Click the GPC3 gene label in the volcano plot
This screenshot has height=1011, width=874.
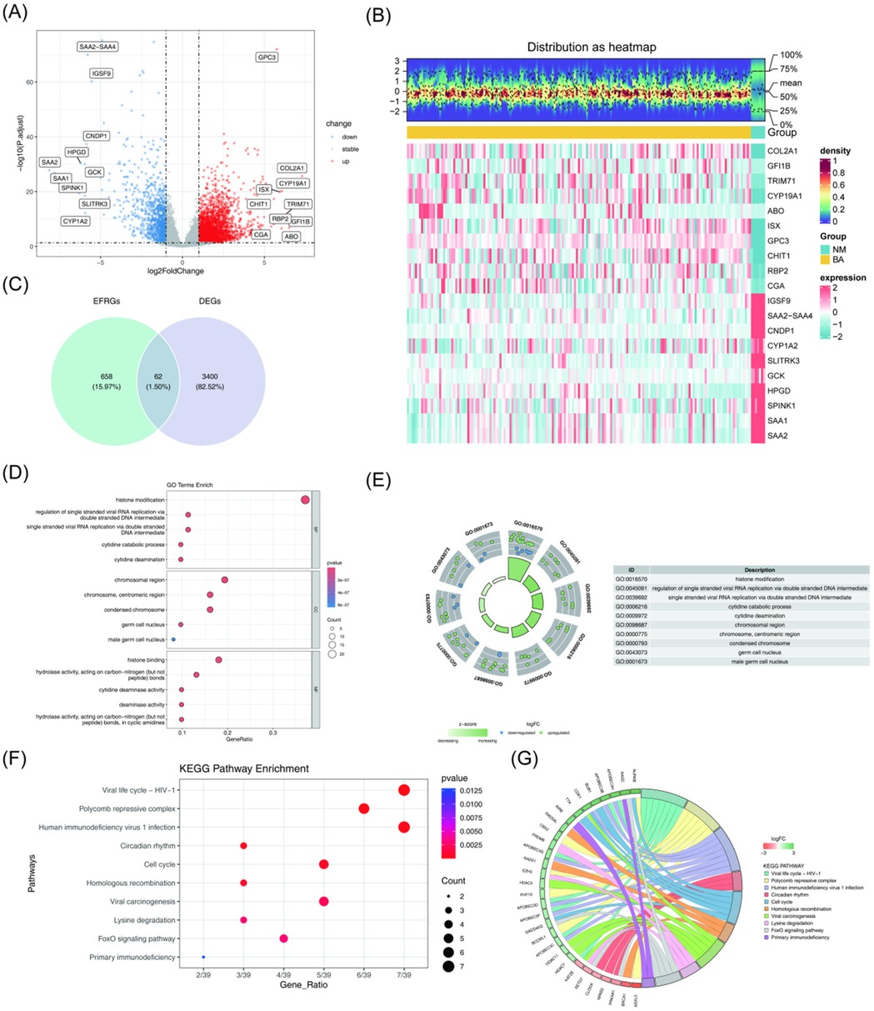pyautogui.click(x=266, y=58)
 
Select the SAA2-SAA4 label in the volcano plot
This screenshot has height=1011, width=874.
pyautogui.click(x=97, y=47)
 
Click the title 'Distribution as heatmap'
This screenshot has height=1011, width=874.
pyautogui.click(x=592, y=48)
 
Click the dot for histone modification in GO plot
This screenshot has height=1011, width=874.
pyautogui.click(x=305, y=499)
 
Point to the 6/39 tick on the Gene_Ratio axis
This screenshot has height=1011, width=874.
pyautogui.click(x=363, y=973)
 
